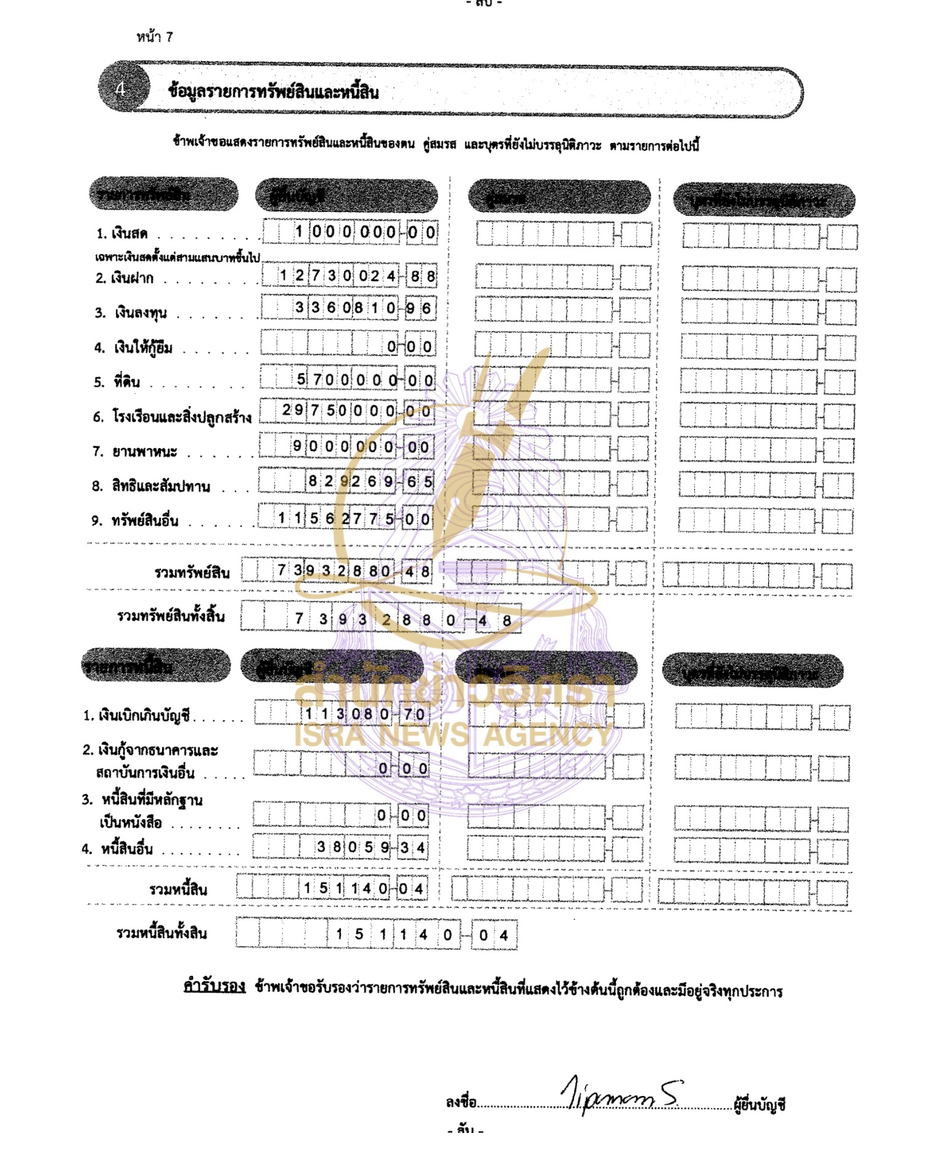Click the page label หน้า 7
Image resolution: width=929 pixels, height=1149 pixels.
(155, 37)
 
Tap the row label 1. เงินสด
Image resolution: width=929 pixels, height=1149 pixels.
(122, 234)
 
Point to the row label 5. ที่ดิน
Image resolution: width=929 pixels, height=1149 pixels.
(117, 382)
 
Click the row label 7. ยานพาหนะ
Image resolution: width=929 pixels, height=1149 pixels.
(135, 452)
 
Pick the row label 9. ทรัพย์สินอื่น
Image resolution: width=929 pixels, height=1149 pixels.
(135, 521)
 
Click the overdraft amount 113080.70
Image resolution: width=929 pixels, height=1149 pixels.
(364, 714)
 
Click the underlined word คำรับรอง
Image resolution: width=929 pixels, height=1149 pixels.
(215, 986)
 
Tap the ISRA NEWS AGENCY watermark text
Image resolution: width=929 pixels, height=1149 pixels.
(453, 735)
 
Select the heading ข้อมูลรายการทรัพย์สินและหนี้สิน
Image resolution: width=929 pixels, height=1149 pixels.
(274, 92)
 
